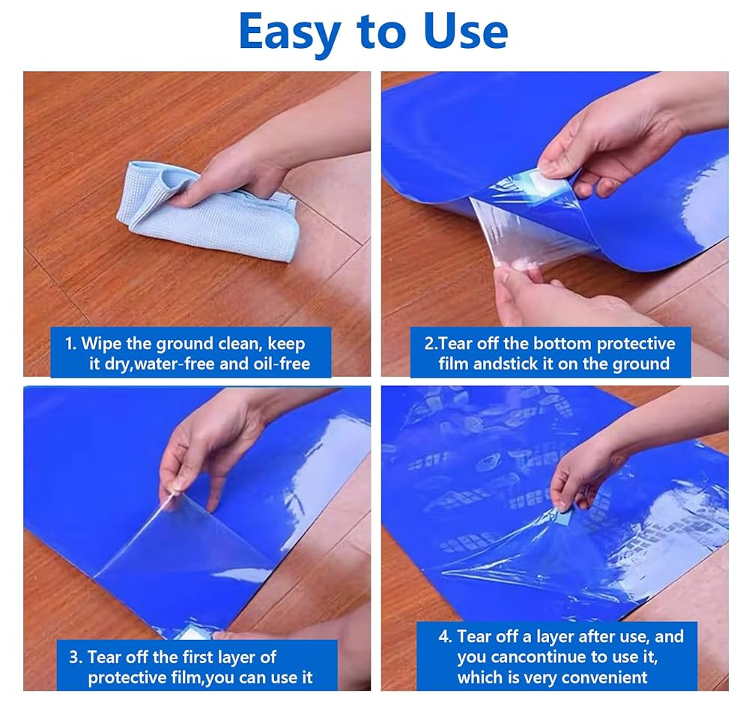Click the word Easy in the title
(289, 32)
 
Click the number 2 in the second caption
(429, 344)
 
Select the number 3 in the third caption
(74, 657)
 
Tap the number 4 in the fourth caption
(443, 637)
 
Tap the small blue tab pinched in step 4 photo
(565, 515)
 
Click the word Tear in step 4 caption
(473, 637)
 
